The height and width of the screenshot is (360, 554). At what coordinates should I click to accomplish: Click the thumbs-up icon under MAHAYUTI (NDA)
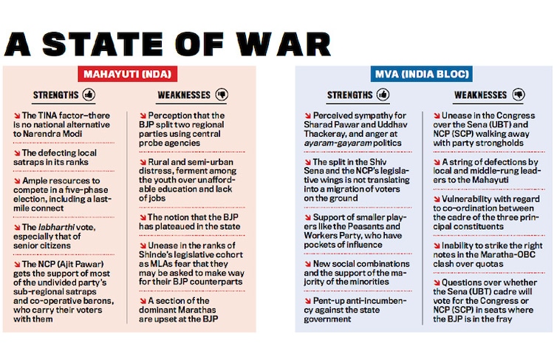pos(89,95)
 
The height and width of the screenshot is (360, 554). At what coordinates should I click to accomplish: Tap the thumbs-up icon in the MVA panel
pos(383,95)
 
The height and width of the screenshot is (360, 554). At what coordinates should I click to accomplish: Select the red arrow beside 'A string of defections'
pos(436,161)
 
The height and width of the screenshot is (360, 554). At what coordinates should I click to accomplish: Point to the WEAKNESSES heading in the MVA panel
pos(480,95)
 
